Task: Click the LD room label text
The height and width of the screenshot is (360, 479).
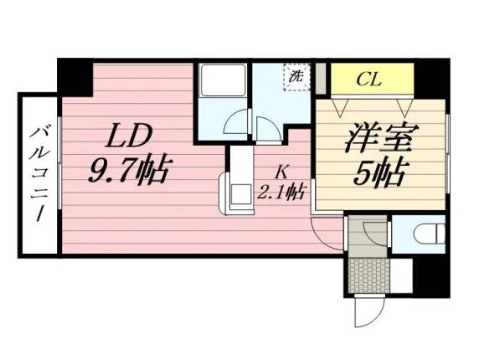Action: pyautogui.click(x=129, y=135)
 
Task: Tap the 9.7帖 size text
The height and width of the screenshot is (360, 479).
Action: pyautogui.click(x=129, y=171)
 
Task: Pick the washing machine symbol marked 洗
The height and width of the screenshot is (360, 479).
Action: pyautogui.click(x=296, y=77)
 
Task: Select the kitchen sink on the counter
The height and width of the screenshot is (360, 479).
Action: pyautogui.click(x=240, y=194)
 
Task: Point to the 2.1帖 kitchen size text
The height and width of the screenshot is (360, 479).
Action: pyautogui.click(x=281, y=193)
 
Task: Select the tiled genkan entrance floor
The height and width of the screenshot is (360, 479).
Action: pyautogui.click(x=369, y=275)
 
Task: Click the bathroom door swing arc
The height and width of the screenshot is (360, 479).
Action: pyautogui.click(x=237, y=121)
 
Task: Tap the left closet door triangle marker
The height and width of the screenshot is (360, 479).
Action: pyautogui.click(x=340, y=108)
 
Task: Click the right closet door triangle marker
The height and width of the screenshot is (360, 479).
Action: pyautogui.click(x=405, y=108)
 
